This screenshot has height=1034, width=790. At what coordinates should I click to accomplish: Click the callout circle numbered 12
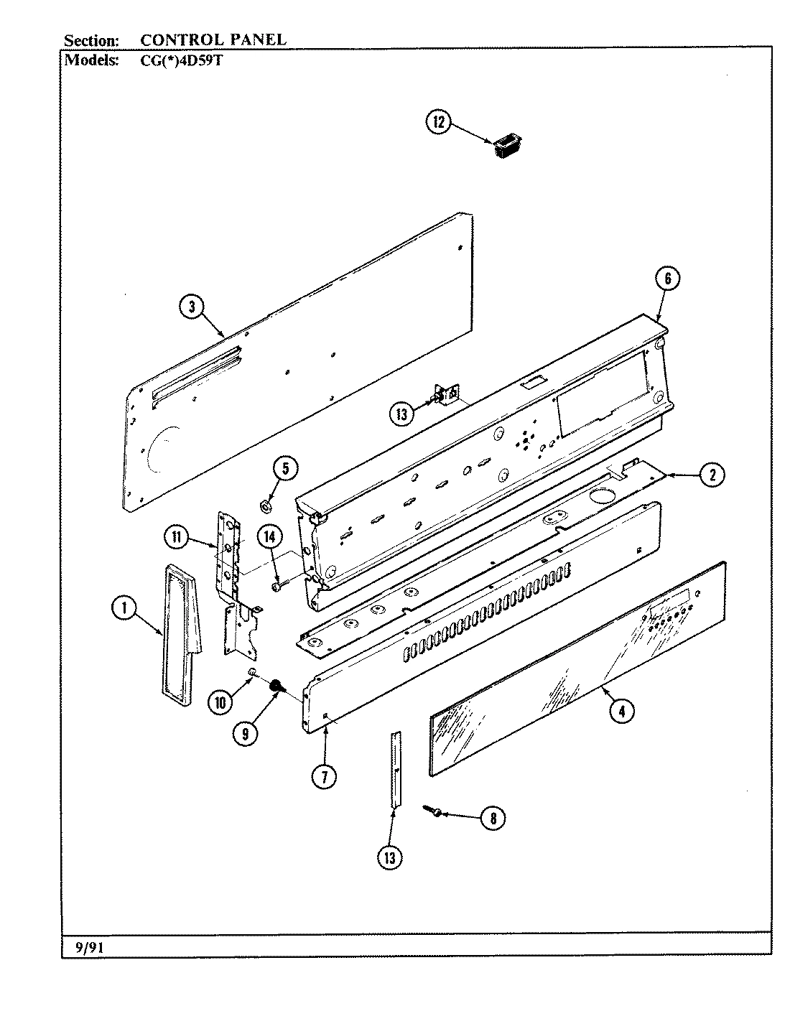click(x=440, y=123)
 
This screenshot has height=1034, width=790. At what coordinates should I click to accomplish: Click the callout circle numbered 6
click(x=667, y=279)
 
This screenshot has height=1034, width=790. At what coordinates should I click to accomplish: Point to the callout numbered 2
click(x=712, y=475)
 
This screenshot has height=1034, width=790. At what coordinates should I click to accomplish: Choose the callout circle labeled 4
click(x=622, y=712)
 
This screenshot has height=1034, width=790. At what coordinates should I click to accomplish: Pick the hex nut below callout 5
click(x=264, y=507)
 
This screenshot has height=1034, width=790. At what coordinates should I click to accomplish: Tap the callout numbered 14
click(x=269, y=536)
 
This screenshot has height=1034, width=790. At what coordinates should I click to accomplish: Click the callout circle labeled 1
click(x=124, y=609)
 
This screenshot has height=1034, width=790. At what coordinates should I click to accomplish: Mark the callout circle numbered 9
click(x=246, y=733)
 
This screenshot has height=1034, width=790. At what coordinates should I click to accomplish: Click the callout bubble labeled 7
click(x=325, y=777)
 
